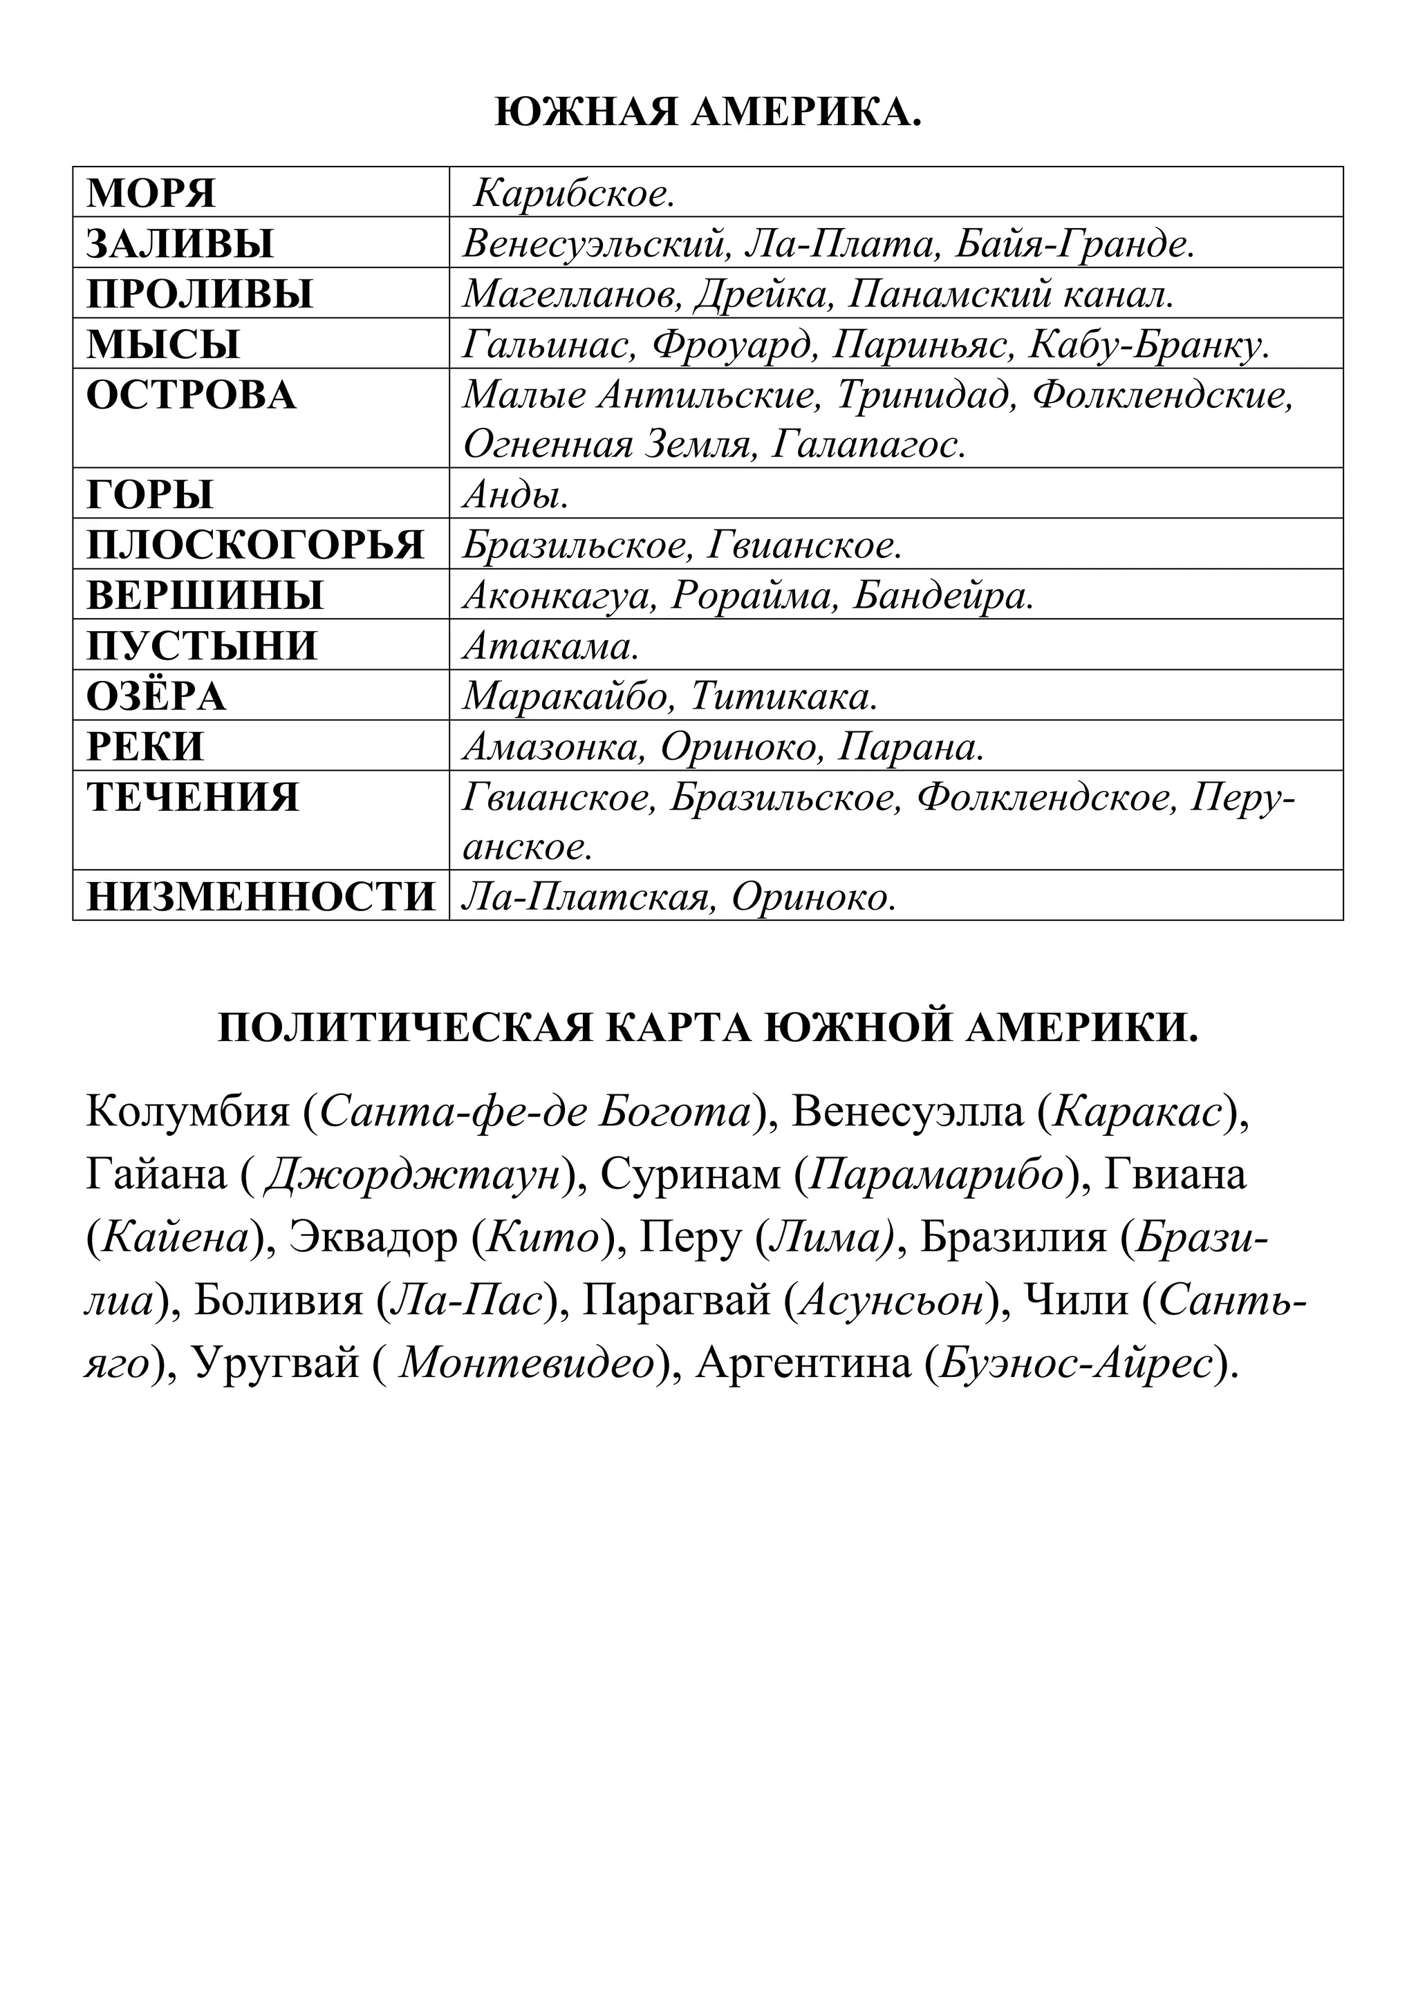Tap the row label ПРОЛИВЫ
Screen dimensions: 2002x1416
click(x=200, y=294)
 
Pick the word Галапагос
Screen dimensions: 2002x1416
click(x=869, y=446)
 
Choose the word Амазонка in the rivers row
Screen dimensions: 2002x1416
click(x=554, y=747)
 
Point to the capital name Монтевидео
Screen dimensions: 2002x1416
click(x=527, y=1363)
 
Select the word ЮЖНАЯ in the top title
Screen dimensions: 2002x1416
click(x=586, y=113)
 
